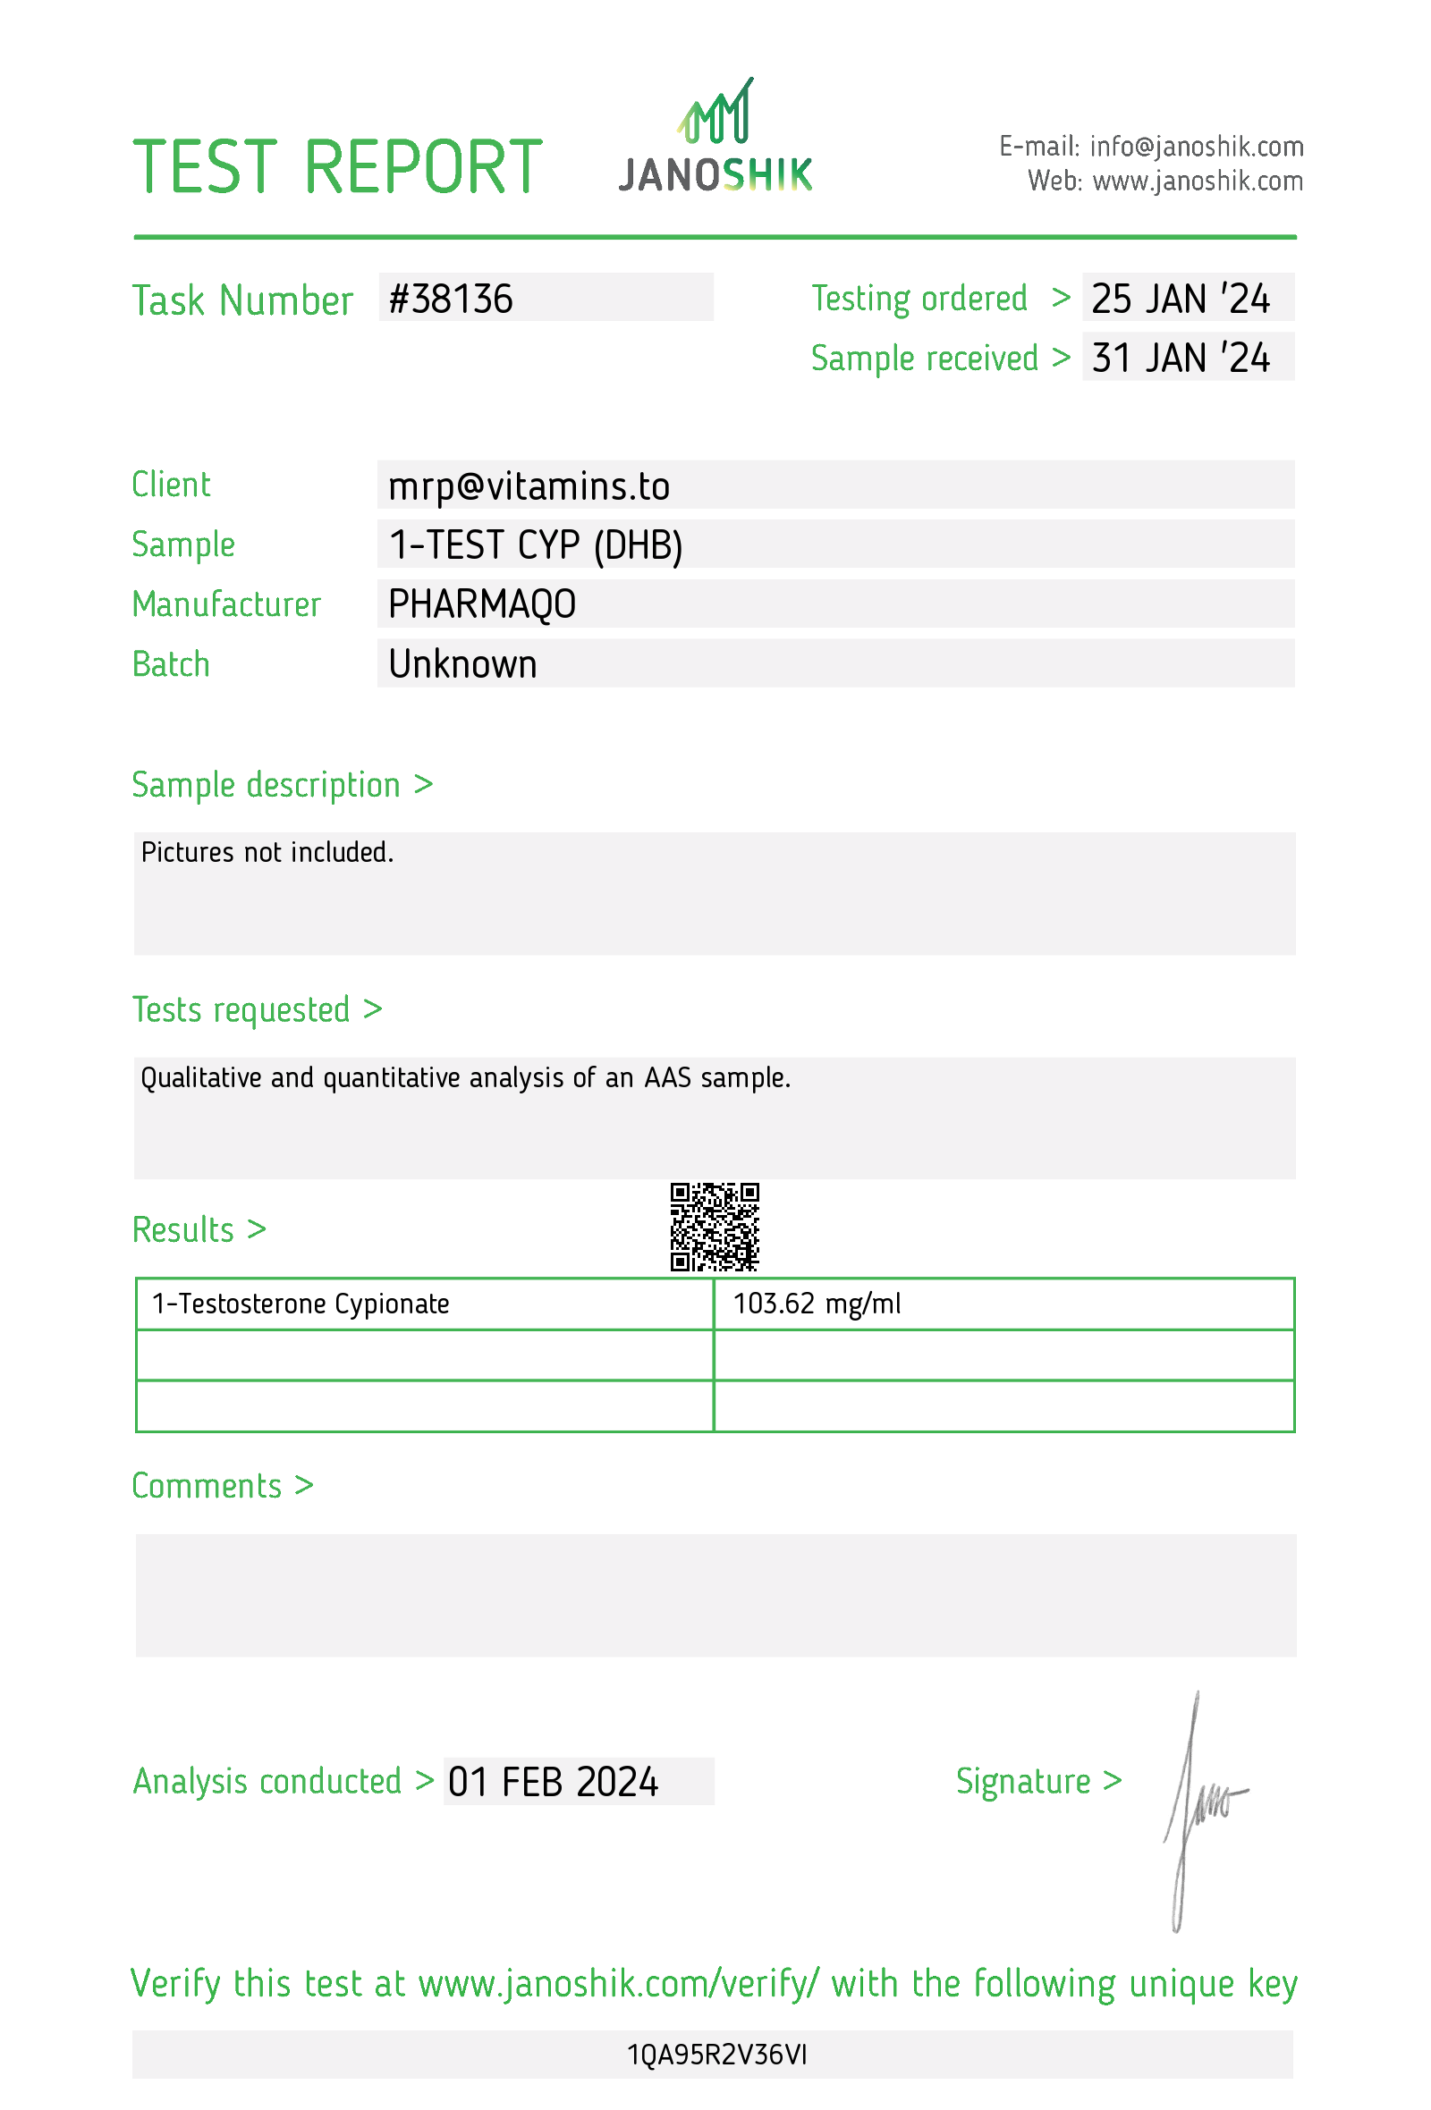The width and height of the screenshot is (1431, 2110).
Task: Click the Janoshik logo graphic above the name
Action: coord(715,112)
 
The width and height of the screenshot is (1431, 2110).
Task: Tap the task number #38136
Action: coord(451,299)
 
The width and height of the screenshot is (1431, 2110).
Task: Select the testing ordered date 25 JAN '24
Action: coord(1180,299)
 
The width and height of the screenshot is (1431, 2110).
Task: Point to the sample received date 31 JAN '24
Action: coord(1180,358)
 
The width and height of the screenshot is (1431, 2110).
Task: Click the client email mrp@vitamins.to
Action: coord(529,485)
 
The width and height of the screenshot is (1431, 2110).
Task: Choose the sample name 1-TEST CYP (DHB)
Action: coord(535,544)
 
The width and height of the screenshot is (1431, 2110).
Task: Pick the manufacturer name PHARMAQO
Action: coord(481,603)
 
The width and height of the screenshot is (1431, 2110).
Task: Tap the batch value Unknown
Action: coord(462,663)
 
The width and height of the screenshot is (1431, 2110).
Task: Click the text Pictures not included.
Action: coord(267,852)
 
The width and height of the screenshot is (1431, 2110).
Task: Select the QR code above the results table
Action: coord(714,1226)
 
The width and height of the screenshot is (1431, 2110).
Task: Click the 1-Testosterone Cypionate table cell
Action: coord(301,1304)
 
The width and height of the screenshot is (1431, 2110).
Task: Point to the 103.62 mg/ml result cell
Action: coord(817,1304)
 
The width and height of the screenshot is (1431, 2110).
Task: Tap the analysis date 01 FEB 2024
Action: coord(552,1781)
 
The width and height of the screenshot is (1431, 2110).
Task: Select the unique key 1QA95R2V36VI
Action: coord(715,2054)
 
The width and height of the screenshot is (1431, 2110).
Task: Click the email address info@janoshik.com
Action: coord(1196,146)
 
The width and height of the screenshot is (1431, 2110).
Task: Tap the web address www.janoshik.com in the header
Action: coord(1197,181)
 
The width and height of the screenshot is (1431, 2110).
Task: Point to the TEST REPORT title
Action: coord(337,167)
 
